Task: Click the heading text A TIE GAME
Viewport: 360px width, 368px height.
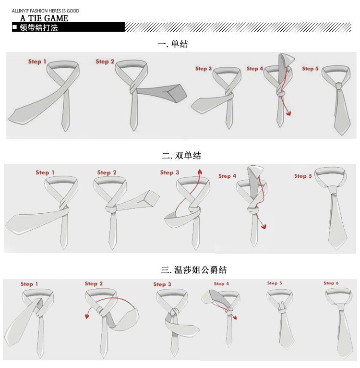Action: tap(44, 18)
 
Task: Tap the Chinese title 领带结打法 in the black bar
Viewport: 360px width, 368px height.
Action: tap(39, 27)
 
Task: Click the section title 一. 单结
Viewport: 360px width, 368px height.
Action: tap(173, 44)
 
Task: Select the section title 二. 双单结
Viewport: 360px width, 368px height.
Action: tap(181, 155)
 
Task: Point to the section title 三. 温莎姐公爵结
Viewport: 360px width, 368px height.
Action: tap(194, 270)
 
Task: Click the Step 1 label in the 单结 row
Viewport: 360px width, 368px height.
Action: tap(37, 61)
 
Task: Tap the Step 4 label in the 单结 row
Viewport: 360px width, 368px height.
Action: tap(255, 69)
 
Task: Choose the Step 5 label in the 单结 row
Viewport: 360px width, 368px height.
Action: tap(310, 69)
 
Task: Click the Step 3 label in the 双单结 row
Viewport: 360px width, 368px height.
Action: tap(169, 172)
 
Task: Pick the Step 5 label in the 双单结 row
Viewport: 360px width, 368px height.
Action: tap(303, 176)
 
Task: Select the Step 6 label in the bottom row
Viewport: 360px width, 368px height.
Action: tap(331, 283)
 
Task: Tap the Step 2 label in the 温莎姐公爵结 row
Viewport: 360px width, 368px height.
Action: tap(94, 283)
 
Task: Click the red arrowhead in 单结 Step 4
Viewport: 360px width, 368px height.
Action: tap(288, 113)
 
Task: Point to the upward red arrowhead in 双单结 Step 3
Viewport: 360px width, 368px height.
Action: tap(200, 172)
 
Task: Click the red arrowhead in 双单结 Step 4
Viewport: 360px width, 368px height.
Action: tap(264, 226)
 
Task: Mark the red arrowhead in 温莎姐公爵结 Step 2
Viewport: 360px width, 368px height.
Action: tap(87, 316)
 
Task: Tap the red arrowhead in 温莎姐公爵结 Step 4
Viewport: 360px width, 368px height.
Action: tap(235, 318)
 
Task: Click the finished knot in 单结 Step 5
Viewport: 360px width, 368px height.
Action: tap(338, 86)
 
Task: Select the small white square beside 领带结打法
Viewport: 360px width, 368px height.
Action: tap(15, 27)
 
